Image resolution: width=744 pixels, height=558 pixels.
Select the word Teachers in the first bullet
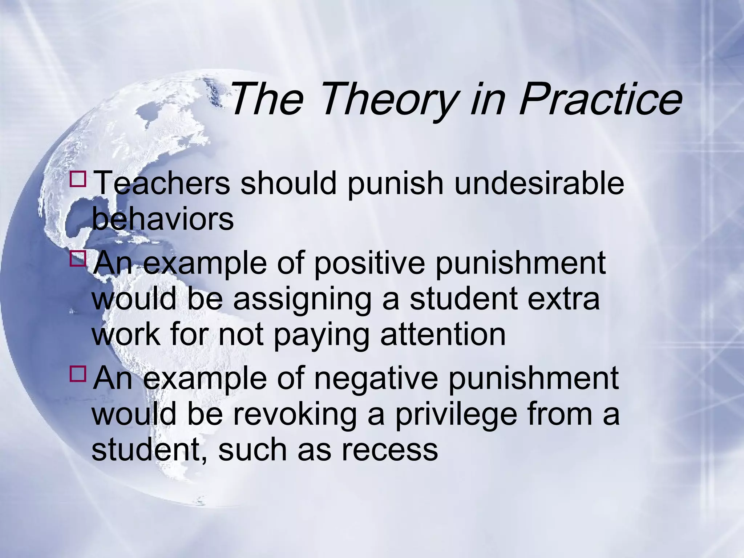click(162, 183)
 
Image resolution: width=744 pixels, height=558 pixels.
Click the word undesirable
click(539, 183)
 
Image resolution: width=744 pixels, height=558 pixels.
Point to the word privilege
click(456, 415)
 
